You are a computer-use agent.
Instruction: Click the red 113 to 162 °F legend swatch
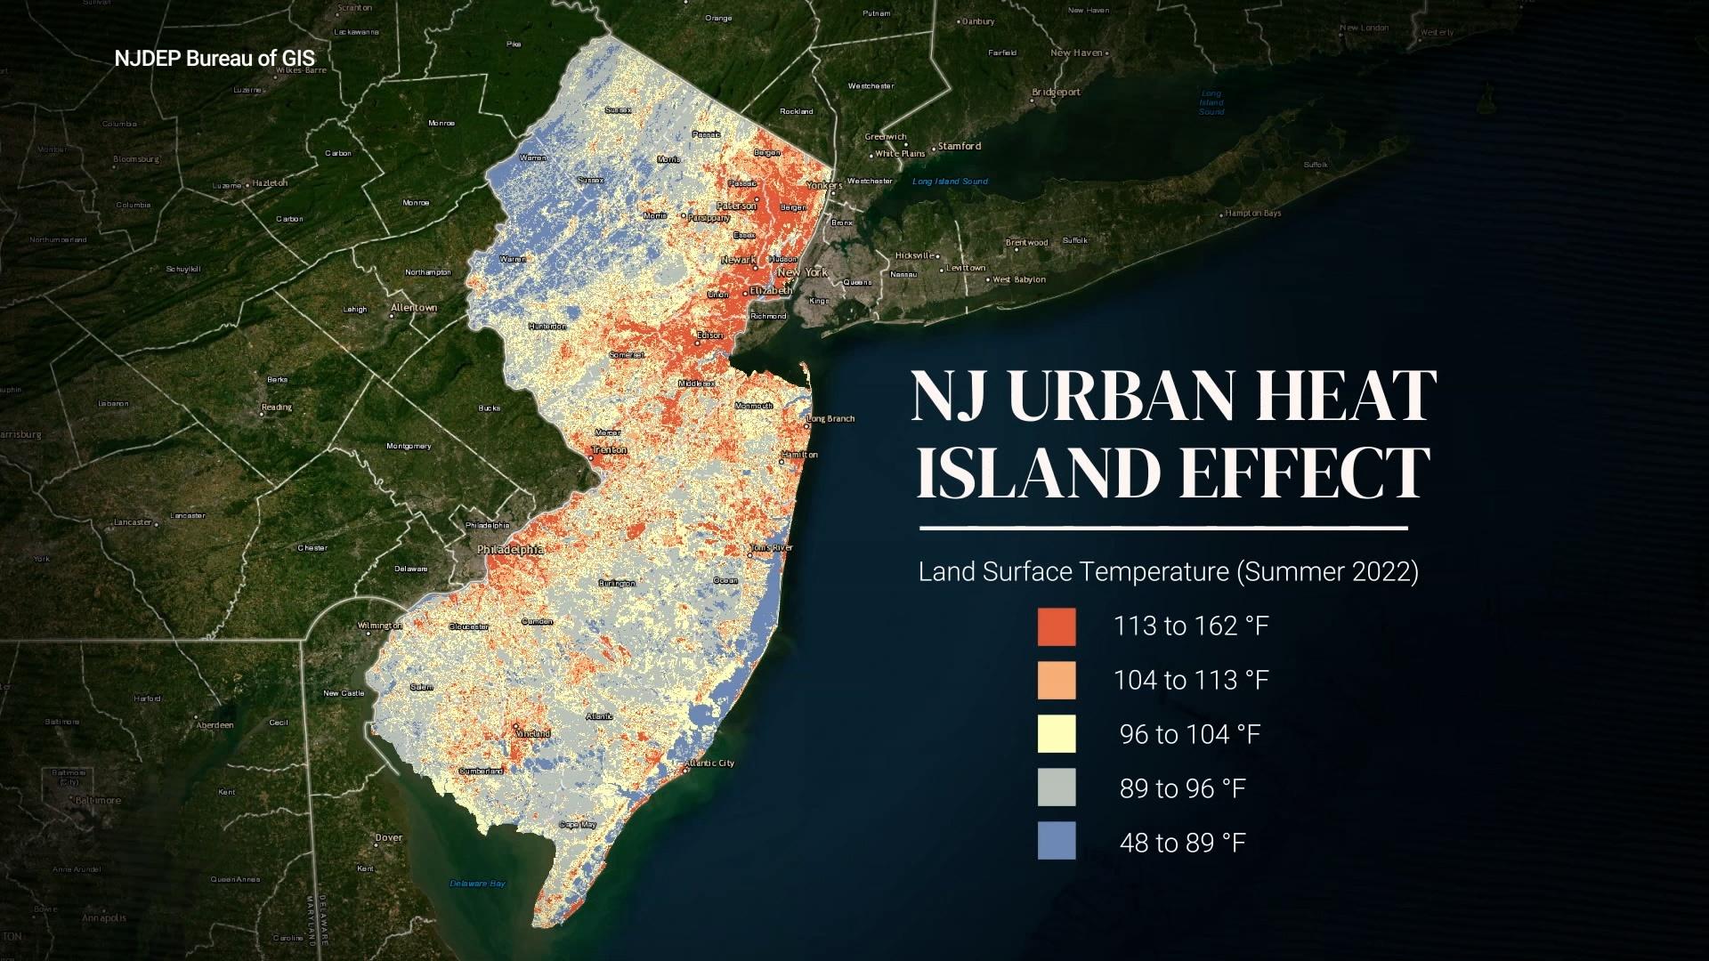(x=1056, y=626)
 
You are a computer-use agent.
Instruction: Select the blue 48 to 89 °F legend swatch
(x=1056, y=841)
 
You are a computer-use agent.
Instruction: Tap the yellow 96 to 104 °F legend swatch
(x=1056, y=734)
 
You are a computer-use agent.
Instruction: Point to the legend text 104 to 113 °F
(x=1191, y=681)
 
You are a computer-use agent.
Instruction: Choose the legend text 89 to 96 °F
(x=1182, y=788)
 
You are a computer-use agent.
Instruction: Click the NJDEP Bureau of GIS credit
(x=215, y=59)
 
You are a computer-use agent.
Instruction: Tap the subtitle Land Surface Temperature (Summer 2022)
(x=1168, y=571)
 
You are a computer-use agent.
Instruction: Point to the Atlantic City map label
(x=710, y=763)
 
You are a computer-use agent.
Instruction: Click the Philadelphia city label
(x=510, y=550)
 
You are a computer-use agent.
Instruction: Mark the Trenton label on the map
(x=610, y=450)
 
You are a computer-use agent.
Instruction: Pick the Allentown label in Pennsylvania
(x=414, y=308)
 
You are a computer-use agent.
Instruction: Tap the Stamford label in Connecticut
(x=960, y=146)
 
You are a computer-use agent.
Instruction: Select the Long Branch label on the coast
(x=830, y=418)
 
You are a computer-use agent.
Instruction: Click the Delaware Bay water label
(x=477, y=884)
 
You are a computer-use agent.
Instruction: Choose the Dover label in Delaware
(x=389, y=837)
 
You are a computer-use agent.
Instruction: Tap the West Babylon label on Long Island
(x=1019, y=279)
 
